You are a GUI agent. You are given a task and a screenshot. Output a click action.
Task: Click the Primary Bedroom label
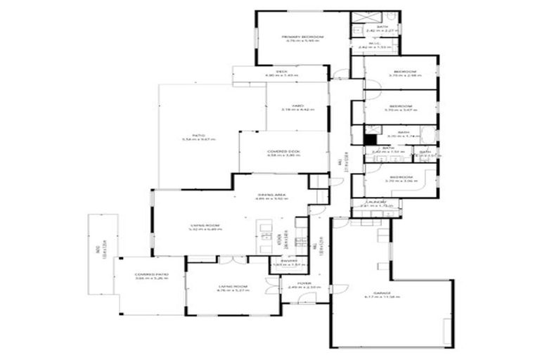coord(303,37)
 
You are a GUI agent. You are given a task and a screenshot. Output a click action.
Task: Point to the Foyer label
coord(304,283)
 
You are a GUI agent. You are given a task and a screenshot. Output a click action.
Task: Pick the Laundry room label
coord(374,202)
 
